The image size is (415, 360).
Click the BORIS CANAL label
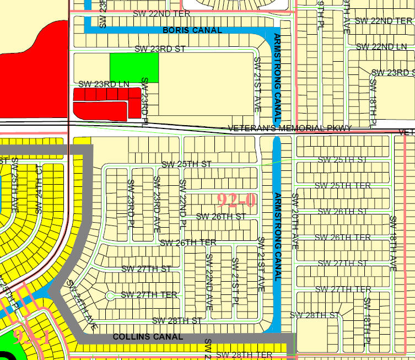pos(192,30)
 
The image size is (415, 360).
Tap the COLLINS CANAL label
pos(148,336)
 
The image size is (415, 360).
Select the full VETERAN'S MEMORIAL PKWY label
pos(289,128)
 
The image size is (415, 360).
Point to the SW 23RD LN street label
pos(104,84)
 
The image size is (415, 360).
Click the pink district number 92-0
pos(236,200)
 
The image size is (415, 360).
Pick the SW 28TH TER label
pos(244,354)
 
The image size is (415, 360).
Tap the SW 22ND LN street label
pos(381,46)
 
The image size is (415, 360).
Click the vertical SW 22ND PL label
pos(182,205)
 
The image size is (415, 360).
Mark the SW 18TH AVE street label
pos(393,243)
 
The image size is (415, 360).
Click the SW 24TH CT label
pos(39,189)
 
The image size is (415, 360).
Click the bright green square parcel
pos(134,68)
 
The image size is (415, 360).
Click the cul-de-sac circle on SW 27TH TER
pos(110,294)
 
